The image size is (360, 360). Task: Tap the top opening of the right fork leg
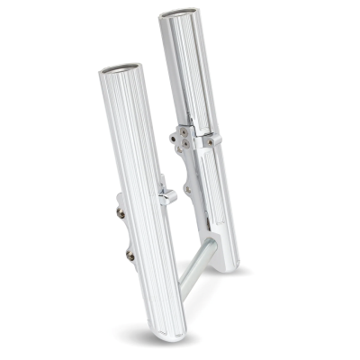(x=176, y=16)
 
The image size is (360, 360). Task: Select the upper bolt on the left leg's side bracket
(x=121, y=212)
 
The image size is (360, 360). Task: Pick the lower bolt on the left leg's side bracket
(x=130, y=255)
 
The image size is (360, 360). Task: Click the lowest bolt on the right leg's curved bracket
(x=187, y=189)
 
